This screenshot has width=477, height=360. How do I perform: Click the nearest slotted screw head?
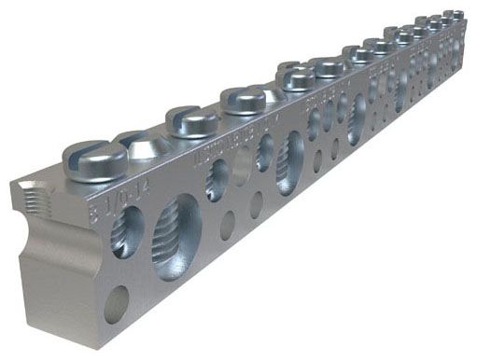[x=95, y=159]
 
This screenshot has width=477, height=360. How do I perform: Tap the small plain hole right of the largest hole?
[x=228, y=225]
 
